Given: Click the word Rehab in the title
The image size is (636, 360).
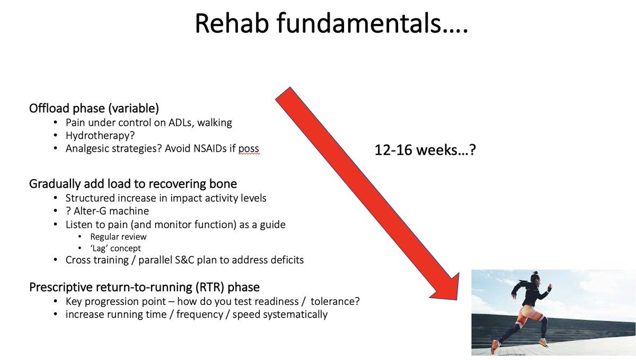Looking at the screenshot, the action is click(232, 23).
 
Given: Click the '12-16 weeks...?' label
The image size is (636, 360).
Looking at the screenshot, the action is click(425, 150).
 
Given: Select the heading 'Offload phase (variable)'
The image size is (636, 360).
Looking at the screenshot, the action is click(94, 108).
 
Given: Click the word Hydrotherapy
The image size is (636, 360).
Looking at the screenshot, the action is click(98, 136).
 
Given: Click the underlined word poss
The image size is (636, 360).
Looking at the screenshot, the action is click(249, 149).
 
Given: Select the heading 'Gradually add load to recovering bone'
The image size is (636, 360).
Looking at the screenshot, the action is click(133, 184).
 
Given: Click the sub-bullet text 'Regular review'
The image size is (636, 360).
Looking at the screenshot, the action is click(118, 236).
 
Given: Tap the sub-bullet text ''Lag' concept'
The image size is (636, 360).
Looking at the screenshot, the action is click(116, 248).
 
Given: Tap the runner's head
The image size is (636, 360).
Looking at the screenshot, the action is click(535, 276).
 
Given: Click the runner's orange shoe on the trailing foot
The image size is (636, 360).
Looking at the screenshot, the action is click(495, 347).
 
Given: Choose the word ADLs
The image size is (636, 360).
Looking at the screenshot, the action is click(181, 122).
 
